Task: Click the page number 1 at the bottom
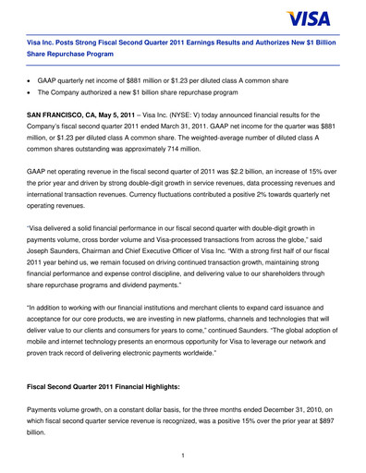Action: click(x=183, y=454)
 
